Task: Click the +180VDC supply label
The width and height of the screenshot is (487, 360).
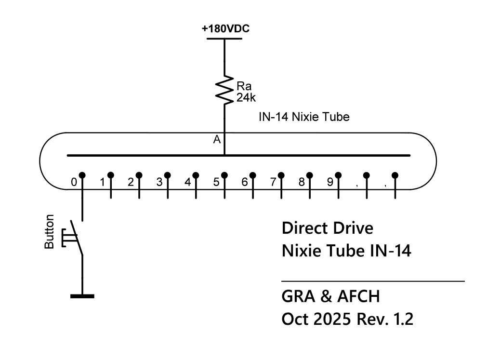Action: tap(225, 29)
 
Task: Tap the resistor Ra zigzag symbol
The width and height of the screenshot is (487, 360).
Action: tap(224, 89)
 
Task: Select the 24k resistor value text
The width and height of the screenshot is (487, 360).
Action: tap(245, 98)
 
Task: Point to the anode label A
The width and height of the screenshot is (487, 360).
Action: tap(217, 140)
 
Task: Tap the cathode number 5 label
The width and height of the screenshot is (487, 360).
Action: tap(217, 183)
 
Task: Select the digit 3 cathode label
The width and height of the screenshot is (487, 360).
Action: tap(159, 183)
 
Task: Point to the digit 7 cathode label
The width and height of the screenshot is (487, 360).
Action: tap(273, 183)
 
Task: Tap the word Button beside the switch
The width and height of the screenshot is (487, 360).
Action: tap(49, 232)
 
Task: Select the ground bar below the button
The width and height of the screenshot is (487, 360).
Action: tap(82, 295)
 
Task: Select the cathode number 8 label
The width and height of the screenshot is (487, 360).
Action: tap(302, 183)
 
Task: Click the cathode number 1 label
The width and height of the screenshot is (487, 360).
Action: tap(103, 183)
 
